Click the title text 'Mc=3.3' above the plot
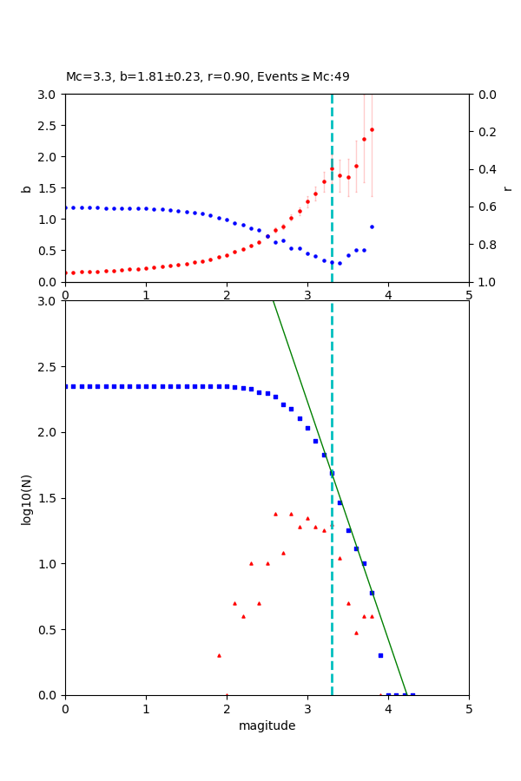[86, 77]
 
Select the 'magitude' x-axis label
[267, 726]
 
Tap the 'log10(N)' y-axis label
[26, 498]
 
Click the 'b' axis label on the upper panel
[26, 188]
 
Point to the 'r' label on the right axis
[507, 188]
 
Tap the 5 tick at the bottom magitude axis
[469, 709]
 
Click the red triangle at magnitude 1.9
[219, 655]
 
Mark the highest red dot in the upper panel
[372, 130]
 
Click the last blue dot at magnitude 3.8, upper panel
[372, 226]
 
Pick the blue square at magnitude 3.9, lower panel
[380, 655]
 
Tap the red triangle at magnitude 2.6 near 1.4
[275, 514]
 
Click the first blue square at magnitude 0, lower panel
[65, 386]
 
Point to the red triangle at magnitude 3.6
[356, 633]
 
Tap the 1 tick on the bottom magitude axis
[146, 709]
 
